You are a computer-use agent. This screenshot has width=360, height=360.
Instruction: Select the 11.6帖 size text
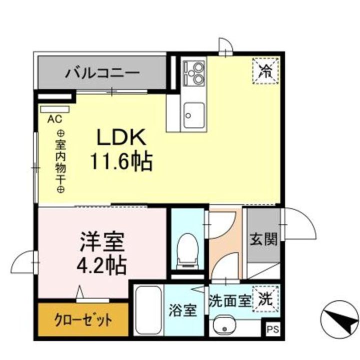121,161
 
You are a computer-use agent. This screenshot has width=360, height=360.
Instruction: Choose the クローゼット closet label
83,319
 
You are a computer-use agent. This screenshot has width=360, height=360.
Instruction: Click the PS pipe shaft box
271,330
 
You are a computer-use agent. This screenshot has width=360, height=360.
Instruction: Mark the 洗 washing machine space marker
265,300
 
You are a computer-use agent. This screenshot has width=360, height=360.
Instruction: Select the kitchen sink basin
194,114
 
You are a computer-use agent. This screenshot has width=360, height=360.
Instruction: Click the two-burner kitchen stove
194,72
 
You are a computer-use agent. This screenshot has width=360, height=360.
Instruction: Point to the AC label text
53,119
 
